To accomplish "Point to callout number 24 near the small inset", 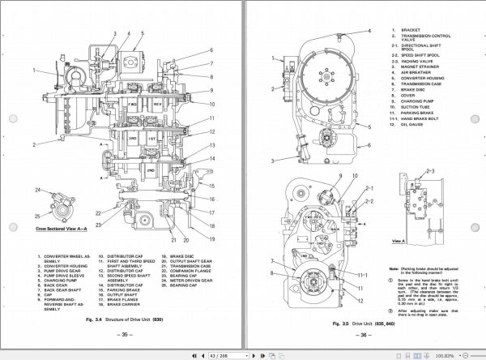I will click(37, 190).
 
